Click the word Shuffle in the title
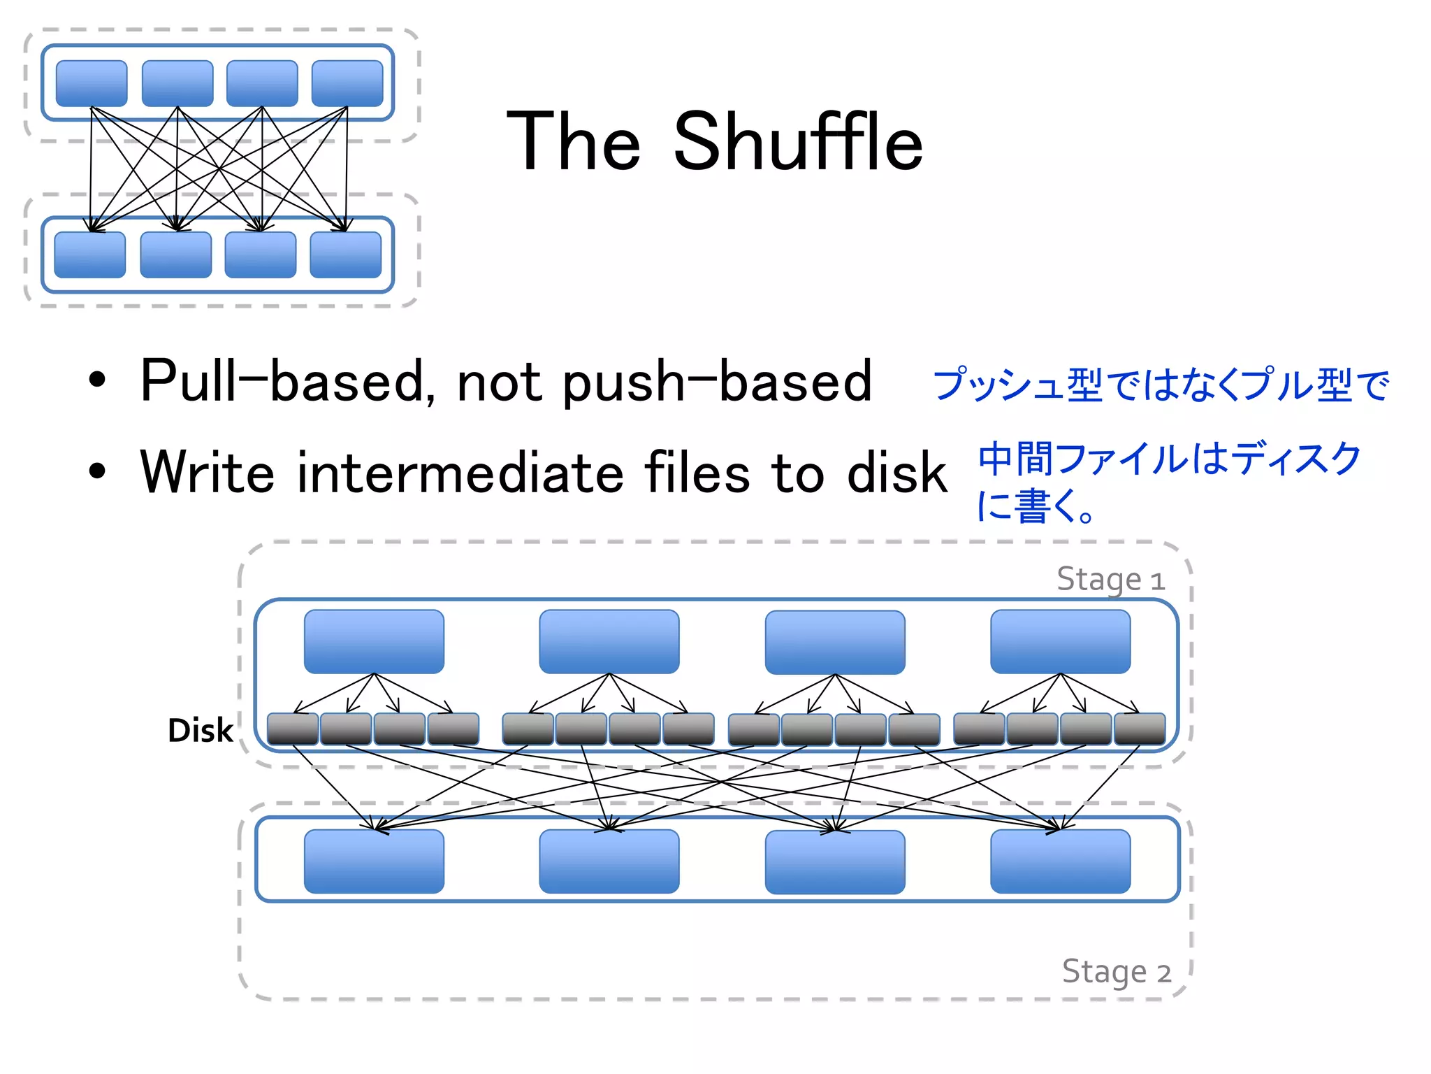click(797, 143)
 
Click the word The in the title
click(573, 143)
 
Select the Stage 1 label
click(1110, 580)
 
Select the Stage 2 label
click(1116, 972)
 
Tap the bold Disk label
click(200, 731)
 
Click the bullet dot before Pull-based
click(97, 380)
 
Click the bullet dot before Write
click(97, 471)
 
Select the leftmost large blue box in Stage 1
click(374, 641)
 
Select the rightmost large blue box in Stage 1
click(1060, 641)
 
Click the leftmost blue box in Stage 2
click(374, 861)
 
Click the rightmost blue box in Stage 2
click(1060, 861)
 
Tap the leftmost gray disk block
click(293, 729)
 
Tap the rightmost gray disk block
click(1140, 729)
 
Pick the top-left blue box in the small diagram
click(92, 83)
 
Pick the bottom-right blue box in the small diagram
click(345, 255)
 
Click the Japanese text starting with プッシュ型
click(1161, 385)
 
